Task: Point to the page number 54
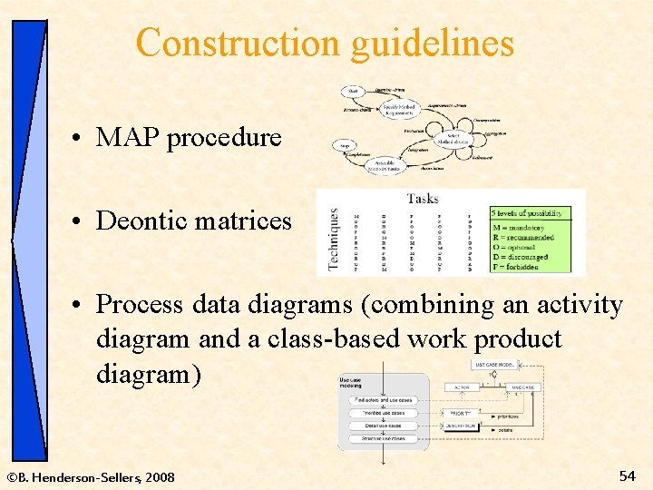pos(627,475)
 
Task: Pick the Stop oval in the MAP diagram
pos(345,145)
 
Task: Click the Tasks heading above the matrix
pos(423,198)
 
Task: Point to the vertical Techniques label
pos(333,240)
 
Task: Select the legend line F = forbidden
pos(522,267)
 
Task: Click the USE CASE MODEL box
pos(497,365)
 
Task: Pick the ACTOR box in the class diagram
pos(461,387)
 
